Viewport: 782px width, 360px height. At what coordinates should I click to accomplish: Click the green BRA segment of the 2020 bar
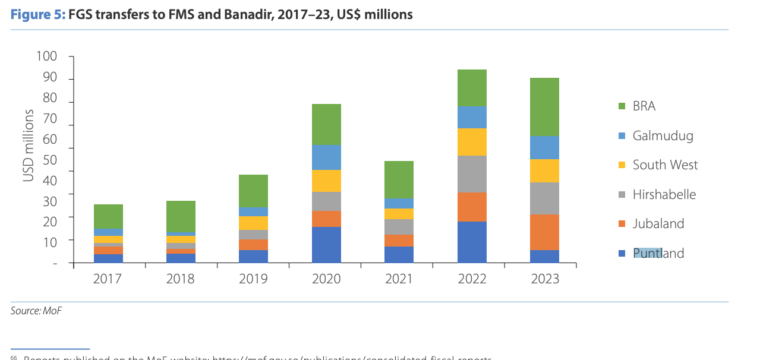coord(326,124)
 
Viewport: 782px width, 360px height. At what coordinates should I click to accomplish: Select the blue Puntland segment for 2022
coord(472,242)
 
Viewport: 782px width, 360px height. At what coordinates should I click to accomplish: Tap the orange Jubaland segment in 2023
coord(544,232)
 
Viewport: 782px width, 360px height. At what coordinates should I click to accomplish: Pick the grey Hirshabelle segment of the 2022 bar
coord(472,173)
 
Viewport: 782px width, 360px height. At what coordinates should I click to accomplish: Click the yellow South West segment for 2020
coord(326,181)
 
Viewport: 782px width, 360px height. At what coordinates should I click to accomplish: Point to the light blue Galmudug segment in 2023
coord(544,147)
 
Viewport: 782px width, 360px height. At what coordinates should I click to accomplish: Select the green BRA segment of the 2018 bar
coord(181,216)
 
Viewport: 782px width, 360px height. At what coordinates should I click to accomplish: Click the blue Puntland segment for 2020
coord(326,244)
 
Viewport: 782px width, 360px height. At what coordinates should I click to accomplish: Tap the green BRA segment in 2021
coord(399,179)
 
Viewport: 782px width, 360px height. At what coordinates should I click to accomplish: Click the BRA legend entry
coord(644,106)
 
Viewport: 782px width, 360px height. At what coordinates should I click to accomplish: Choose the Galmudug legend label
coord(663,135)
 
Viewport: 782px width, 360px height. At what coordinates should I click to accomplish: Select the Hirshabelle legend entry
coord(664,194)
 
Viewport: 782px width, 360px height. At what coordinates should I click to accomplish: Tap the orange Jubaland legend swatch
coord(622,224)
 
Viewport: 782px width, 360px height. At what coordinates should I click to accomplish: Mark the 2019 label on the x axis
coord(254,279)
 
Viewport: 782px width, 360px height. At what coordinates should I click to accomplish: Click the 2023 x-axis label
coord(544,279)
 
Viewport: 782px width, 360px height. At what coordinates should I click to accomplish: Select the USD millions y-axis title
coord(28,146)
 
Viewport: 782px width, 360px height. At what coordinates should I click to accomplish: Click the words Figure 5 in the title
coord(37,14)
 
